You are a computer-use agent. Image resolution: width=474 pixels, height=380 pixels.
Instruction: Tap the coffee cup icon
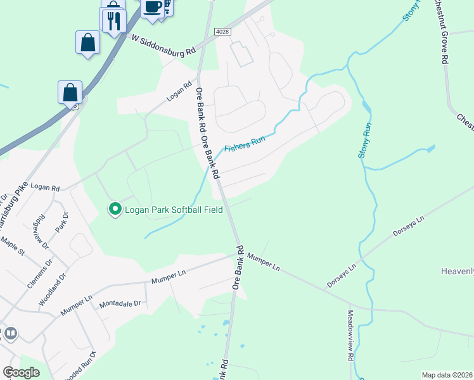[152, 7]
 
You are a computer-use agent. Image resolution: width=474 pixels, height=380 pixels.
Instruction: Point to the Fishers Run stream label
[244, 143]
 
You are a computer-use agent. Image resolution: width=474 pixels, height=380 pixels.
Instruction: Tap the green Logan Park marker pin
[115, 208]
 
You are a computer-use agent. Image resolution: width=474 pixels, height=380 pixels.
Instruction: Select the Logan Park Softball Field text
[174, 210]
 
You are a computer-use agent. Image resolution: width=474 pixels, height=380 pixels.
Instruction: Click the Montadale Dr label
[120, 304]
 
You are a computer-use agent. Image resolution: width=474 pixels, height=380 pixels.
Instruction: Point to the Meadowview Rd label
[350, 335]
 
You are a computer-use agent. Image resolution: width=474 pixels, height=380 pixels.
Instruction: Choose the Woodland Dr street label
[53, 289]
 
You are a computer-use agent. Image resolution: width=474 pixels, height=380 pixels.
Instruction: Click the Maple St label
[12, 246]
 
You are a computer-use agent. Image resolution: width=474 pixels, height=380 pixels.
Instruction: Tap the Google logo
[21, 372]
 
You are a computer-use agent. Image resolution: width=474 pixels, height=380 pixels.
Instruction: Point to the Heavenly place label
[457, 271]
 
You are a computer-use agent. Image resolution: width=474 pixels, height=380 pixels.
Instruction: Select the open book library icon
[10, 333]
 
